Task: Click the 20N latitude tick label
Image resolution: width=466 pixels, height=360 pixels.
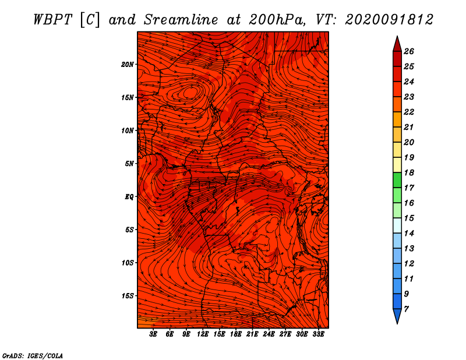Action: [x=128, y=65]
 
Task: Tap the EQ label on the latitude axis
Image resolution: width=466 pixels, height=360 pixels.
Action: [x=129, y=197]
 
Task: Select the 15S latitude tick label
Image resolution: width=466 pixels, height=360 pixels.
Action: [x=128, y=296]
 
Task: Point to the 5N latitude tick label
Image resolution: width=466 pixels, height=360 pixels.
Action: [x=129, y=164]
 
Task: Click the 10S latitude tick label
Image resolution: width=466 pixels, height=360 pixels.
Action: [x=128, y=263]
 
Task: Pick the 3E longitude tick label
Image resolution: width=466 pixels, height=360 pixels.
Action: [x=153, y=334]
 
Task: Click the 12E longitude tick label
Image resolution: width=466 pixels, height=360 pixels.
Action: [x=203, y=334]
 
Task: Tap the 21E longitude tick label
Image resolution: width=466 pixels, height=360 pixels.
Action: [x=252, y=334]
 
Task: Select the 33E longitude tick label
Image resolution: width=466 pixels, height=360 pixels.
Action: [x=318, y=334]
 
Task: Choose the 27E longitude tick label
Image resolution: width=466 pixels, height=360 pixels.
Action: [x=285, y=334]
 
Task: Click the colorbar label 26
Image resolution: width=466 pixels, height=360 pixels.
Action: [x=409, y=51]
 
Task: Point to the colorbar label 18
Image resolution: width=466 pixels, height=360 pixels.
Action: [x=409, y=172]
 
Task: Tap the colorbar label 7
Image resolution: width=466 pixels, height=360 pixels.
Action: [x=407, y=309]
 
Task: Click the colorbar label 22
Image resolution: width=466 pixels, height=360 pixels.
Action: [x=409, y=112]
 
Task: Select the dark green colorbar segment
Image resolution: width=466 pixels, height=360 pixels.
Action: [x=397, y=180]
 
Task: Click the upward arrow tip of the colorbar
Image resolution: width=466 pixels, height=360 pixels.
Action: [x=397, y=36]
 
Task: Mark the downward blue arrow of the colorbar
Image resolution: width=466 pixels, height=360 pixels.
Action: [x=397, y=315]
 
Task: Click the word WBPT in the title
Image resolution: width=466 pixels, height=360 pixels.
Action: [x=53, y=20]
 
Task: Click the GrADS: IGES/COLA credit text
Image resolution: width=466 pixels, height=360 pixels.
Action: [x=33, y=356]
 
